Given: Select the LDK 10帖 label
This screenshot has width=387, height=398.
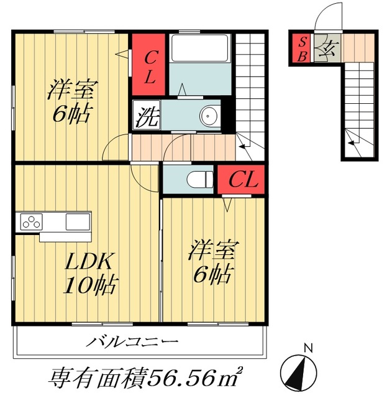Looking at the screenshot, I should [93, 273].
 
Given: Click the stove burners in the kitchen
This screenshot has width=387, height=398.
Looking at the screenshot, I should [31, 221].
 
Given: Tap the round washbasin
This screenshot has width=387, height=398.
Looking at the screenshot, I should [209, 116].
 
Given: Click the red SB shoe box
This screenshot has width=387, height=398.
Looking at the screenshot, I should [303, 49].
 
